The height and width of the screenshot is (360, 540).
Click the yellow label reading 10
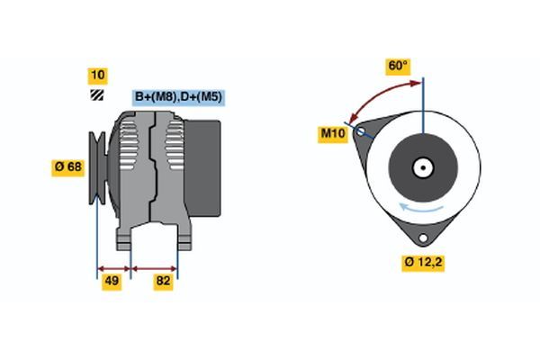tap(97, 75)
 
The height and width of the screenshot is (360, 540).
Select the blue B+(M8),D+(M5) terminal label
tap(179, 96)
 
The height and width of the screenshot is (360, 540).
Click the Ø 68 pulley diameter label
tap(67, 166)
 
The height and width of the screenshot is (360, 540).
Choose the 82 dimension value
tap(164, 282)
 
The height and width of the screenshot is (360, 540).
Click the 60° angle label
tap(398, 66)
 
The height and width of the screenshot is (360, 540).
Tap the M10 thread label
tap(334, 133)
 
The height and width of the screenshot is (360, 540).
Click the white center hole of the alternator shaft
tap(422, 167)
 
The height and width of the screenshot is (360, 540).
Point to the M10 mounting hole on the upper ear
tap(362, 132)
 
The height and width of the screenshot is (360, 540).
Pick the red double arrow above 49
tap(114, 267)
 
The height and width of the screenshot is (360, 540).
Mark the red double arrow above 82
tap(155, 267)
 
